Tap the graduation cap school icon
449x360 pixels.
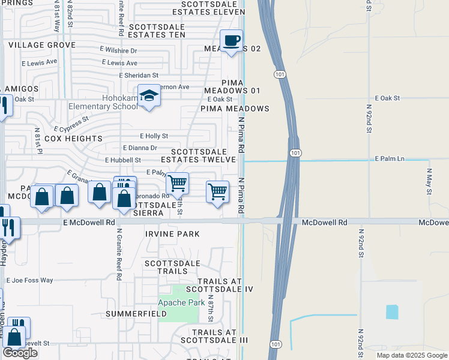(x=149, y=96)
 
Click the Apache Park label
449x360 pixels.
(x=181, y=303)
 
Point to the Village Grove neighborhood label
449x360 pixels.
(x=42, y=45)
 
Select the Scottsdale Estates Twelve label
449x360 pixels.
(x=201, y=156)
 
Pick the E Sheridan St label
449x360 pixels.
(x=138, y=76)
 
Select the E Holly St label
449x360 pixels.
(x=154, y=136)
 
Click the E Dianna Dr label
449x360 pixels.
(x=140, y=148)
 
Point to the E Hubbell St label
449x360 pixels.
(x=122, y=160)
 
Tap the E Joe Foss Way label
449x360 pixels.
(x=30, y=280)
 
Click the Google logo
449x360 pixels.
(x=20, y=353)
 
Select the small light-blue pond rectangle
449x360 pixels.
(x=391, y=312)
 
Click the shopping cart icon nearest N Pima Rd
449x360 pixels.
(x=217, y=192)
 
